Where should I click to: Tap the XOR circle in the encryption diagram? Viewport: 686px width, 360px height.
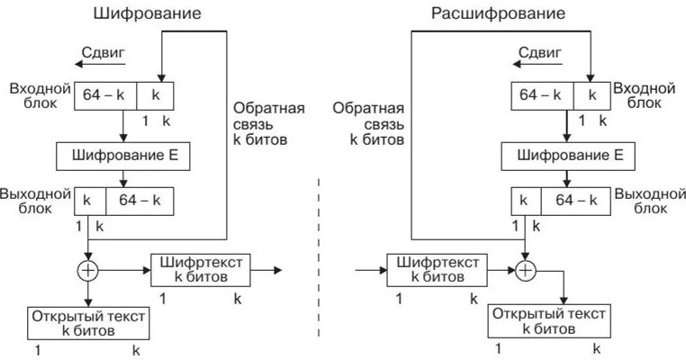(x=88, y=269)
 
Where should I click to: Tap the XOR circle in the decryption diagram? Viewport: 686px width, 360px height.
(x=525, y=269)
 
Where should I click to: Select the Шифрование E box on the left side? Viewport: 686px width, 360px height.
(x=124, y=156)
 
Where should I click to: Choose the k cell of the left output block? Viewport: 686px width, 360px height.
(x=89, y=200)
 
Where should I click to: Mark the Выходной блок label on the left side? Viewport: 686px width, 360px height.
(x=34, y=201)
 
